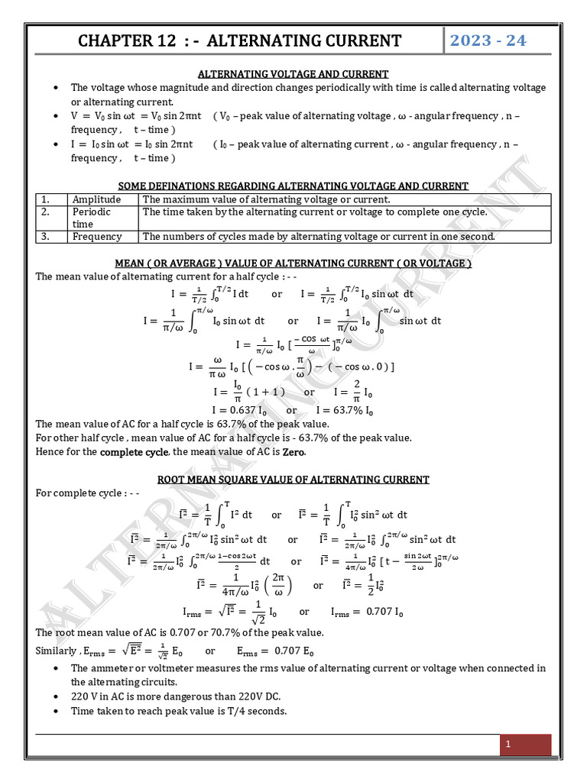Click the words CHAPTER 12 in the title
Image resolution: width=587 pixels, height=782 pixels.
[125, 41]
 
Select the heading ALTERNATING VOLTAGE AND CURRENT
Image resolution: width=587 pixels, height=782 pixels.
[293, 74]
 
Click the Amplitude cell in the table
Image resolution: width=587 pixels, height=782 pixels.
[96, 199]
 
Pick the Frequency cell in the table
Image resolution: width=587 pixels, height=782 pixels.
[97, 237]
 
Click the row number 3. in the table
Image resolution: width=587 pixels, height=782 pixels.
[46, 237]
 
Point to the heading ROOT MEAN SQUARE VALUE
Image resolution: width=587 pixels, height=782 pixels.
[293, 480]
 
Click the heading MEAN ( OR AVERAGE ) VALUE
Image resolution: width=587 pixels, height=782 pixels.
[293, 263]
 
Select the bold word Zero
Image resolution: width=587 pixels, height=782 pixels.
[293, 452]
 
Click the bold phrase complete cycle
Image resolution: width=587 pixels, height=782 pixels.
[134, 452]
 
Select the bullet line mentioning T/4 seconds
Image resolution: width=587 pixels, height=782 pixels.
[179, 711]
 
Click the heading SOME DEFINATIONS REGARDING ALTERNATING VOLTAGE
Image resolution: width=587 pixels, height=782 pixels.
[293, 186]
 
